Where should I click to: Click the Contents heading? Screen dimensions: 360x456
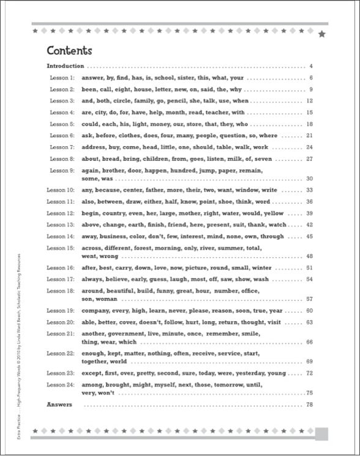pyautogui.click(x=69, y=50)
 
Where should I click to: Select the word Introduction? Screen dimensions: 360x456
pyautogui.click(x=66, y=65)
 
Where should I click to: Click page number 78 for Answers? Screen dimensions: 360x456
pyautogui.click(x=309, y=405)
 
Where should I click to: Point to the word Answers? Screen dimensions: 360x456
pyautogui.click(x=59, y=405)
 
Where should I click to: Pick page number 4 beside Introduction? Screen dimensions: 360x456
pyautogui.click(x=311, y=65)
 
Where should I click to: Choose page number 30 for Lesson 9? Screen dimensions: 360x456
pyautogui.click(x=309, y=178)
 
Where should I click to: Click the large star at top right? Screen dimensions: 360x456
pyautogui.click(x=323, y=34)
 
